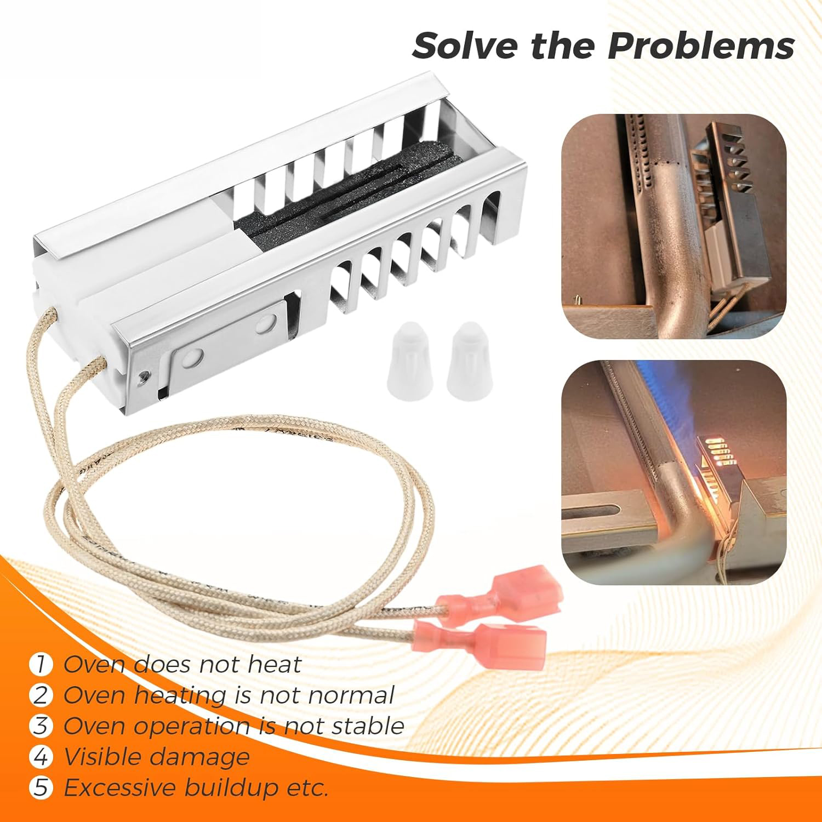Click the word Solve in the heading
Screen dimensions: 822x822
click(466, 46)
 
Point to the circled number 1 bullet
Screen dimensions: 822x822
click(41, 665)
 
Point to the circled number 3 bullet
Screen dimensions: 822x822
click(41, 726)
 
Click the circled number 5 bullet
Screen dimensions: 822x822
click(41, 788)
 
